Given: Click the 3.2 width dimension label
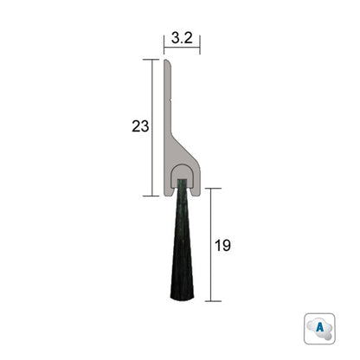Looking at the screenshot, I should [182, 38].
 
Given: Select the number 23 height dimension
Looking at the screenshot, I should [140, 126].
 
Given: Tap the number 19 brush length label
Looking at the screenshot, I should [223, 245].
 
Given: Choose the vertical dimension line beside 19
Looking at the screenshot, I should [209, 245].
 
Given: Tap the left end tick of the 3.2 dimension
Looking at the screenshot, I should [164, 46].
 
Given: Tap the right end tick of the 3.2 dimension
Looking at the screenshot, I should [200, 46].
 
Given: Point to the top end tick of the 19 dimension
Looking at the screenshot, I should [209, 189].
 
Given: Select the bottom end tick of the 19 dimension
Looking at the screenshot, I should [209, 301].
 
